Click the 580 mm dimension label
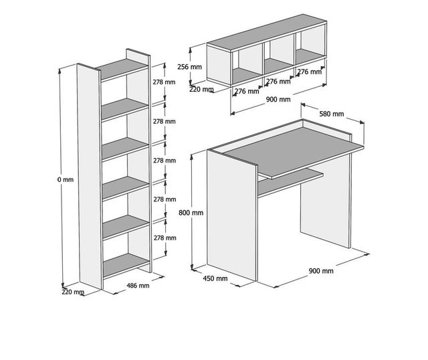pos(332,114)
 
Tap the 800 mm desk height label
pos(191,213)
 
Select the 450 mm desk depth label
pos(215,278)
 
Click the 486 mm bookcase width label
pos(138,286)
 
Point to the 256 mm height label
pos(189,67)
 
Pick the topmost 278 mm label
pos(164,82)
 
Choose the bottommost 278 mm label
pos(165,238)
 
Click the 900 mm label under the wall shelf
pos(278,99)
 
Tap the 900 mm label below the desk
pos(321,271)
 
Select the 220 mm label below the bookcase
pos(73,292)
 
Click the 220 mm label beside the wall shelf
pos(201,89)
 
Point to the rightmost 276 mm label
pos(309,72)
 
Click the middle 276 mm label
pos(278,82)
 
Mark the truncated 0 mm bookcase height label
pos(66,179)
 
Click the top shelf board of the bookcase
pos(122,69)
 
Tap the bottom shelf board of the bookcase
pos(126,266)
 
